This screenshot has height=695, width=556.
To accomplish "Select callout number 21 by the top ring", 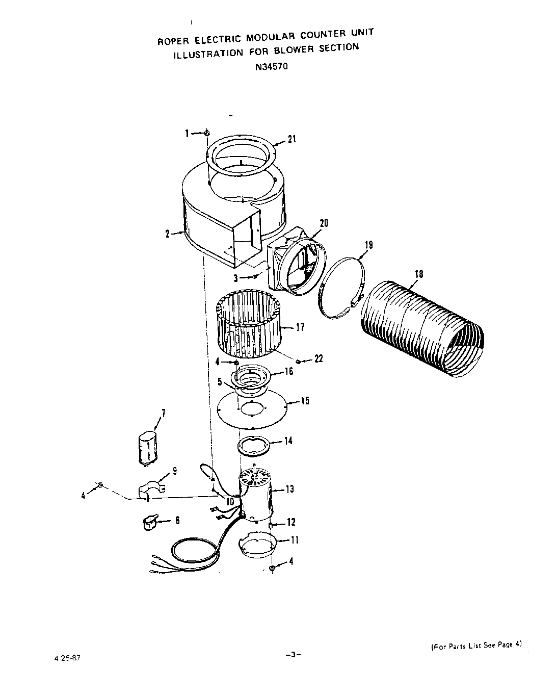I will click(292, 139).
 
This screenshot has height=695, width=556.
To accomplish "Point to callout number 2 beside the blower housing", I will click(167, 234).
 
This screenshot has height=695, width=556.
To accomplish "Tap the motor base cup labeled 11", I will click(258, 545).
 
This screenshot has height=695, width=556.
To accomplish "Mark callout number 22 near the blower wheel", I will click(319, 359).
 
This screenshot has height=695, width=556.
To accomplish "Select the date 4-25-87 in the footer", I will click(67, 657).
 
